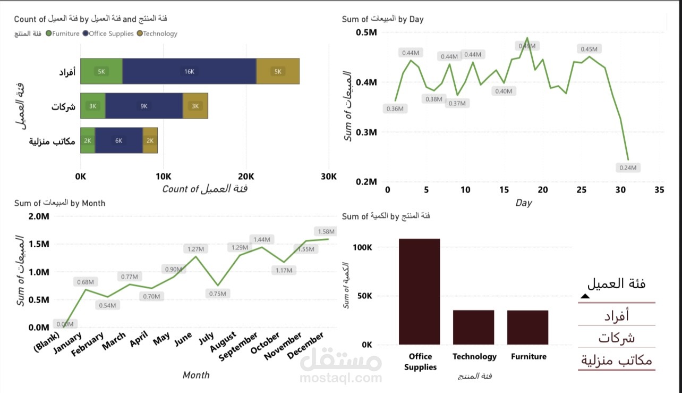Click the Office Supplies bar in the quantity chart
(x=419, y=291)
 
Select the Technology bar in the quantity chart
(x=473, y=327)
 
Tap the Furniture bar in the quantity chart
(x=527, y=327)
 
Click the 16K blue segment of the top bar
(x=189, y=71)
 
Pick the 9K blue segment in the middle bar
(x=144, y=106)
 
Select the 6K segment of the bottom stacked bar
(x=119, y=140)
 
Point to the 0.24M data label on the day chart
(x=630, y=168)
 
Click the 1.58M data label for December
(x=326, y=231)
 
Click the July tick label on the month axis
(x=206, y=339)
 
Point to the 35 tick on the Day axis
(x=659, y=190)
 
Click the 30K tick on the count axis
(x=328, y=177)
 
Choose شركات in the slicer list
(x=617, y=338)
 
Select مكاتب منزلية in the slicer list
(x=617, y=360)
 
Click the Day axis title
(x=523, y=203)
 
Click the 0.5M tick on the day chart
(x=366, y=32)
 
